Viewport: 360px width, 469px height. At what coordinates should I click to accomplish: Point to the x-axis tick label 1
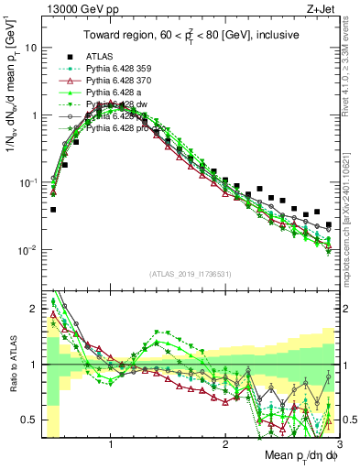111,446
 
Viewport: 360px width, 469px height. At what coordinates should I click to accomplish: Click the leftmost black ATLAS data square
52,210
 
